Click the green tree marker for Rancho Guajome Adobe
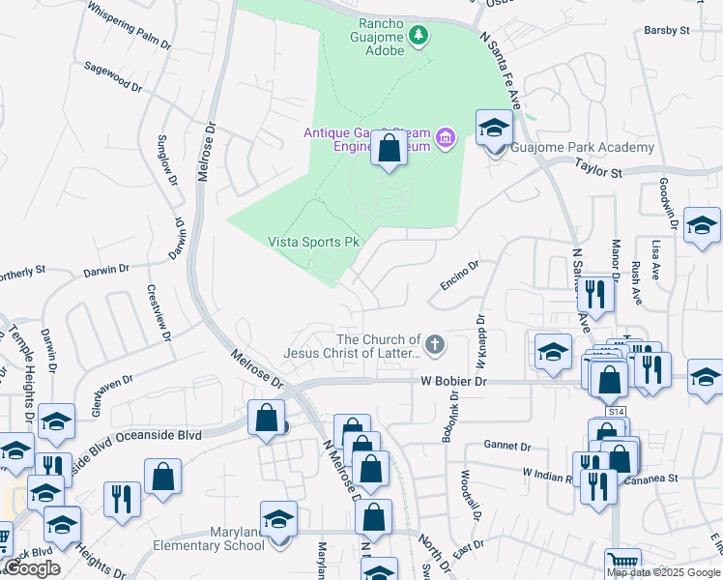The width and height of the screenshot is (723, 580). [x=418, y=37]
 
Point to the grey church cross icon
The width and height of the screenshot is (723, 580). [x=436, y=343]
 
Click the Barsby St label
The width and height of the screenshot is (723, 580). [x=666, y=31]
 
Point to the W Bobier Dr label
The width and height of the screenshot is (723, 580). [x=454, y=382]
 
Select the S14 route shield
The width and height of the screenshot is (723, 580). [x=616, y=412]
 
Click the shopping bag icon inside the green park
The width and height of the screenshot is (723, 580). [x=389, y=150]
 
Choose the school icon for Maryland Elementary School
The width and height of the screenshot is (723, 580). [x=278, y=520]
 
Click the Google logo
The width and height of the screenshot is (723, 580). [x=32, y=568]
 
